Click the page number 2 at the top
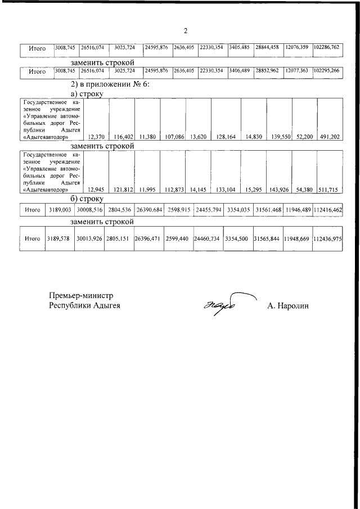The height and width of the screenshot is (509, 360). [x=185, y=30]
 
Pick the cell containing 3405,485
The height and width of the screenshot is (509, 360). [x=239, y=48]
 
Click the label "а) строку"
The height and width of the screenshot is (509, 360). [x=87, y=93]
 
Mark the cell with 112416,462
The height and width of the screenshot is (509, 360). [x=328, y=210]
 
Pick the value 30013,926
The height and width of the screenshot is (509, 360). [x=89, y=238]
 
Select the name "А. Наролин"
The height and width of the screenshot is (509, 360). [x=289, y=305]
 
